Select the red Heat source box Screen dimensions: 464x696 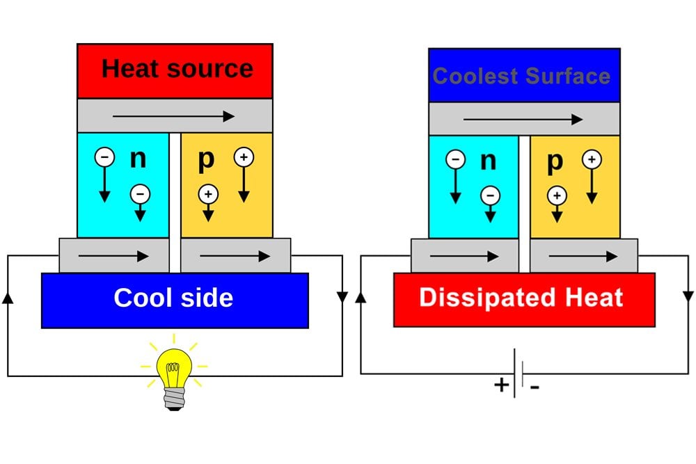[175, 70]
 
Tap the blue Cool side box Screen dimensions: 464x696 [175, 299]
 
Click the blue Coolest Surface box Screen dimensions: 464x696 [523, 76]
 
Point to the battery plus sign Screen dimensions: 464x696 [501, 385]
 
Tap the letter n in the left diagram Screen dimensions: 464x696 [139, 159]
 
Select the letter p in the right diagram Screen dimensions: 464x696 [554, 161]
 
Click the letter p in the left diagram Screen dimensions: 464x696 [206, 159]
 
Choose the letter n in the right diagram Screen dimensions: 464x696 [489, 161]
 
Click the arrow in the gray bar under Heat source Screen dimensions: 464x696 [174, 115]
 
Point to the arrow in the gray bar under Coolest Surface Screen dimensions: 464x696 [523, 120]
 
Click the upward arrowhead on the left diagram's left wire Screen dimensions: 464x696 [8, 298]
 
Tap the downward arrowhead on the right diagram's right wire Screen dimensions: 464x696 [688, 296]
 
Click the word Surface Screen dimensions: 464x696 [569, 76]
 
